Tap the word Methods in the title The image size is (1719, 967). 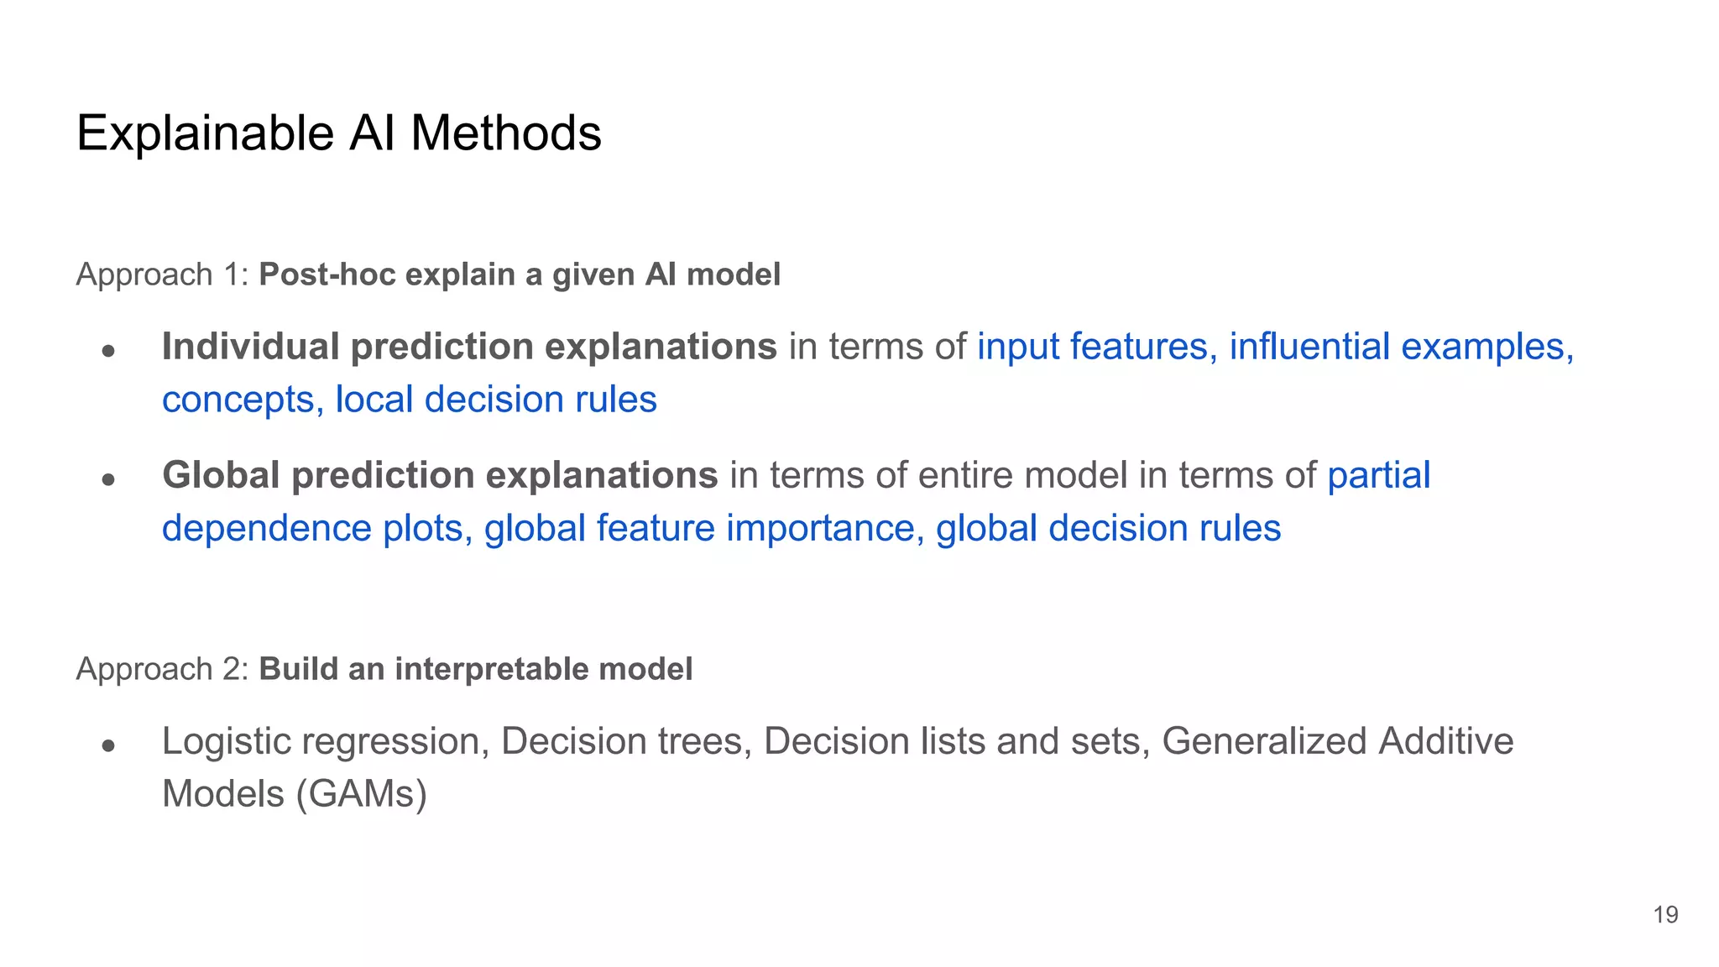[506, 133]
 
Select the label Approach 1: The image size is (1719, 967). [162, 274]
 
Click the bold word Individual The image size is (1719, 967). [251, 347]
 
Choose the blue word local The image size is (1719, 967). [374, 400]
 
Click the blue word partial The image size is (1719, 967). [1378, 476]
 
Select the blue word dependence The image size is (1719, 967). [266, 529]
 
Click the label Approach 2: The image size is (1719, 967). [162, 669]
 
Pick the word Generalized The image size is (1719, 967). [1263, 742]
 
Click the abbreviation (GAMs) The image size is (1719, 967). [361, 794]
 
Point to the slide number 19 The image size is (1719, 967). [1665, 915]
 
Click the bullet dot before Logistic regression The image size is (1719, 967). [107, 745]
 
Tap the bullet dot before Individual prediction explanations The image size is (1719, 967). [107, 350]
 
